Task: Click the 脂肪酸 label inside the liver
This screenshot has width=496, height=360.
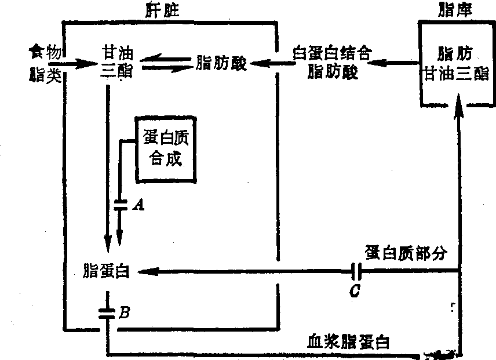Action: [x=222, y=63]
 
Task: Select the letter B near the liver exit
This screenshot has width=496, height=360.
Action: [x=123, y=314]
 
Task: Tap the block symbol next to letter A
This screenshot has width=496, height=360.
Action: [x=121, y=204]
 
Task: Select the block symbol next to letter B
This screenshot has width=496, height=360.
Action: [x=107, y=314]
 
